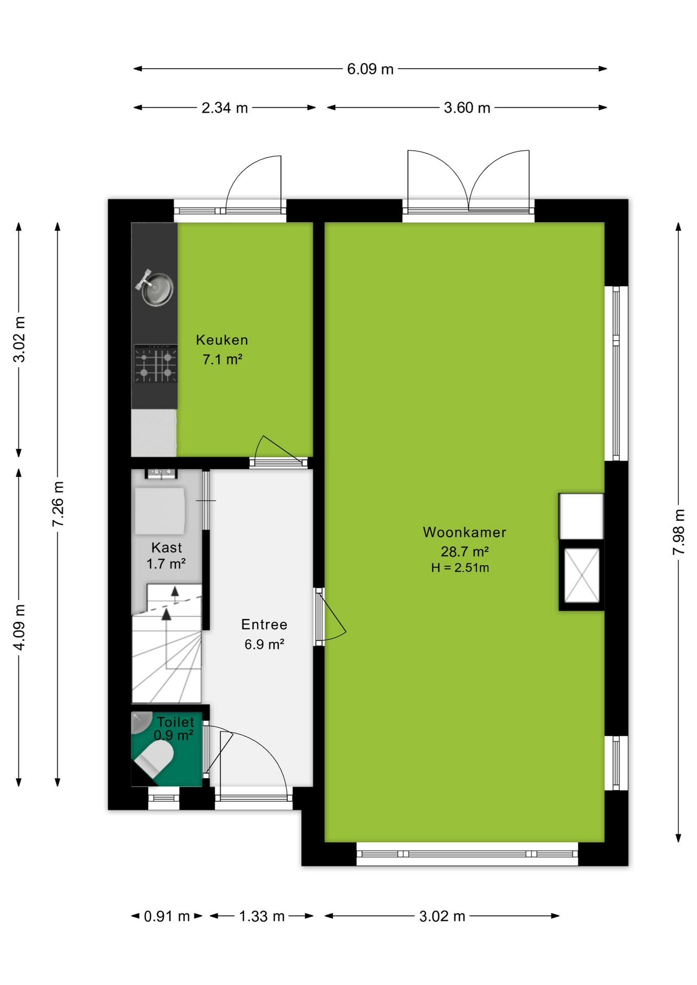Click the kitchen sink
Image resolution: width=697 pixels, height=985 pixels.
(x=155, y=288)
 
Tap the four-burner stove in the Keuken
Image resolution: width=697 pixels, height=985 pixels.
(x=156, y=364)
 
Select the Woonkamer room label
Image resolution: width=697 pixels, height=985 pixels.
(x=464, y=533)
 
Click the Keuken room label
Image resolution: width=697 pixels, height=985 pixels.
(x=222, y=340)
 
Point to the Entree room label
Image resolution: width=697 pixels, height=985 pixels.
(x=264, y=625)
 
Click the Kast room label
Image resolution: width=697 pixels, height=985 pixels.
(x=166, y=548)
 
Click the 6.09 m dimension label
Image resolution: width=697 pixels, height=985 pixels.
(x=370, y=69)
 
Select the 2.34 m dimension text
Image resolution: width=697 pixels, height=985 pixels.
(x=225, y=108)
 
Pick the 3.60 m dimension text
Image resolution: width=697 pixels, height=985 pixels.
(x=467, y=108)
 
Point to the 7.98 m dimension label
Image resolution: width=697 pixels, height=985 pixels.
(x=679, y=531)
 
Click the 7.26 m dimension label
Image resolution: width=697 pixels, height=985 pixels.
(x=58, y=504)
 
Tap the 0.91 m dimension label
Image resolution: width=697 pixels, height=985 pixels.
(x=167, y=916)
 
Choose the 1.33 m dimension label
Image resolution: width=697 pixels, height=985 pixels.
(x=262, y=916)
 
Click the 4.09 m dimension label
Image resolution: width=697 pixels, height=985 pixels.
(x=19, y=627)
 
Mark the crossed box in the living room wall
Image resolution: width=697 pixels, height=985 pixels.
(x=582, y=575)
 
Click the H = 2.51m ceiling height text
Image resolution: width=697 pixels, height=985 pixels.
(x=460, y=568)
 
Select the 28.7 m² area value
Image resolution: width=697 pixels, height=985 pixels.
(x=464, y=551)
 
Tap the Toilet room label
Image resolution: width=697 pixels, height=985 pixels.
(x=176, y=722)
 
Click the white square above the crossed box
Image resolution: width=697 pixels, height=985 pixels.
(x=581, y=516)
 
